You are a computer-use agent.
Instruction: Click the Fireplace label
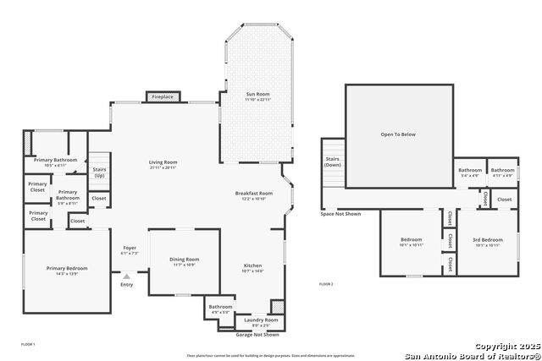pyautogui.click(x=163, y=97)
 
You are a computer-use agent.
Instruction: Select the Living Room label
pyautogui.click(x=163, y=162)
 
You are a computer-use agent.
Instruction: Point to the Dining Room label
pyautogui.click(x=185, y=260)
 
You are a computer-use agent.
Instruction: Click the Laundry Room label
pyautogui.click(x=261, y=320)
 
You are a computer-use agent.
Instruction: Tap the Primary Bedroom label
pyautogui.click(x=67, y=269)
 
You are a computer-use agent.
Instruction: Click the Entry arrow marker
pyautogui.click(x=127, y=276)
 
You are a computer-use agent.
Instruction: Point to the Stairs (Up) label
pyautogui.click(x=99, y=172)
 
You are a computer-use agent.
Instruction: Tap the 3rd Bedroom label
pyautogui.click(x=487, y=240)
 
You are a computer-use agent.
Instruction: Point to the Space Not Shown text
pyautogui.click(x=340, y=214)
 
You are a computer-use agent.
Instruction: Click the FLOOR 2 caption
pyautogui.click(x=326, y=284)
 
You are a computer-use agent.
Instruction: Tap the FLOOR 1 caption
pyautogui.click(x=28, y=344)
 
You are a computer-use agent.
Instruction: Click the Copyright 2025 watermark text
pyautogui.click(x=506, y=347)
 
